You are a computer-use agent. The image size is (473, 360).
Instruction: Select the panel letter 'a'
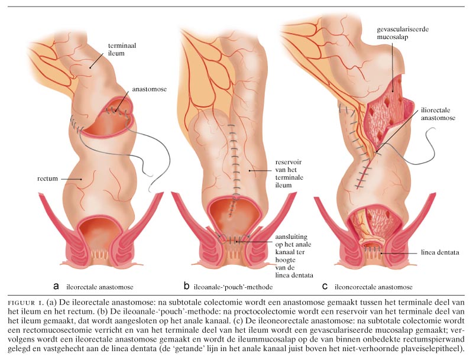(56, 286)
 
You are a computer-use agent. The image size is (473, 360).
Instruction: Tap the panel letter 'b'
(186, 286)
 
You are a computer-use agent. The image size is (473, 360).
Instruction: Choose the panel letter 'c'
(325, 286)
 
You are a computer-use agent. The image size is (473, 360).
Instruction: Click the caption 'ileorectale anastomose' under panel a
(100, 287)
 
